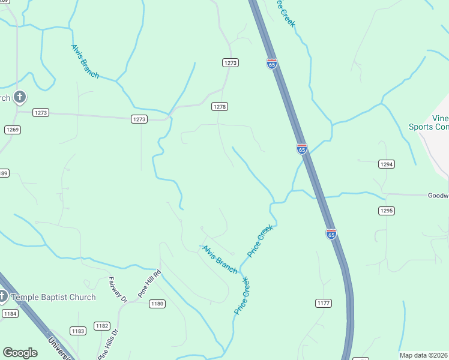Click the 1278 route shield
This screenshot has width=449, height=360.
220,106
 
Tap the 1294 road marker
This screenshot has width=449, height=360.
386,164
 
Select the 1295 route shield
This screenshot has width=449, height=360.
386,210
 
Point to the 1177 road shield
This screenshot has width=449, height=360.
323,303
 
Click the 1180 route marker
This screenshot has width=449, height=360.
157,304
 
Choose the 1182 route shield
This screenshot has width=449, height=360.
102,326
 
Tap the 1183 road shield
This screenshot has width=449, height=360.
78,331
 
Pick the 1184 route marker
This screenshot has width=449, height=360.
10,313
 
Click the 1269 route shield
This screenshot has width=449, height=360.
13,130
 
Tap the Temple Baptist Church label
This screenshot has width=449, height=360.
54,297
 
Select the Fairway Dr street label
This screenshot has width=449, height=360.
118,289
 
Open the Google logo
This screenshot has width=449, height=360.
20,353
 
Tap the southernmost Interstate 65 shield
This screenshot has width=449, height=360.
331,234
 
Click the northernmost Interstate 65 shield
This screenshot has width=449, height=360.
272,64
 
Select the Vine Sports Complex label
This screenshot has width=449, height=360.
429,122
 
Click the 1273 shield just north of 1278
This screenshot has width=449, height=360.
231,63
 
